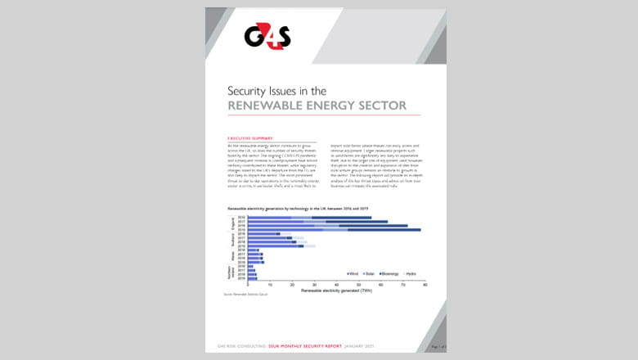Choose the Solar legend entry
375,272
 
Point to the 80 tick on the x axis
424,284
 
